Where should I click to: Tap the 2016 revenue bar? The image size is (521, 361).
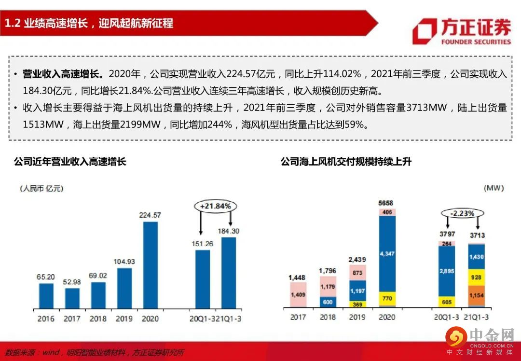pyautogui.click(x=46, y=295)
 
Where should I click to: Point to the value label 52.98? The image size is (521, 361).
pyautogui.click(x=72, y=281)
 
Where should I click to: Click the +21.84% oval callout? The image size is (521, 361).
pyautogui.click(x=216, y=206)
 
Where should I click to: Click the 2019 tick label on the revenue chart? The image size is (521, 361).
pyautogui.click(x=124, y=319)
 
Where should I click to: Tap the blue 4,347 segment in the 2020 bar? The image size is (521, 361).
pyautogui.click(x=387, y=253)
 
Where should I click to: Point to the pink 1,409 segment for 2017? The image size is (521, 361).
pyautogui.click(x=298, y=294)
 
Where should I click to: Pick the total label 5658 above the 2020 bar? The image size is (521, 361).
pyautogui.click(x=387, y=202)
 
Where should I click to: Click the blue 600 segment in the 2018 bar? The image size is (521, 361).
pyautogui.click(x=328, y=302)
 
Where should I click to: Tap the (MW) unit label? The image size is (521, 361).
pyautogui.click(x=492, y=188)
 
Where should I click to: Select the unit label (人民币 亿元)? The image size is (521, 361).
pyautogui.click(x=42, y=188)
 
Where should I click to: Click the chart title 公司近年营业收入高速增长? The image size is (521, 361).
pyautogui.click(x=70, y=162)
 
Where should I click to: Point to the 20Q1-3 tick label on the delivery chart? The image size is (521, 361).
pyautogui.click(x=447, y=317)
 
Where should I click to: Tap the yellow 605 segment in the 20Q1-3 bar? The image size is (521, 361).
pyautogui.click(x=447, y=302)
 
